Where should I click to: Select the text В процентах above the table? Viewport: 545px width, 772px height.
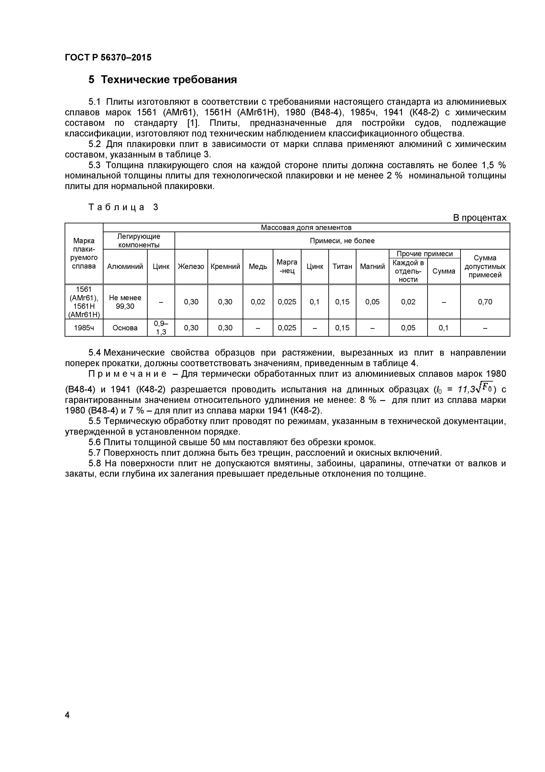479,218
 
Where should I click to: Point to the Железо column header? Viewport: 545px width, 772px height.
191,267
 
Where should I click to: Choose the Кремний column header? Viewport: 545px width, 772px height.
225,267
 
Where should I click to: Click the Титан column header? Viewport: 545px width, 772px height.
342,267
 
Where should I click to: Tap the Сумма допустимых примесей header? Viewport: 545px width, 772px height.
485,267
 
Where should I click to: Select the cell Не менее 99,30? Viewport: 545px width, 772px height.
125,302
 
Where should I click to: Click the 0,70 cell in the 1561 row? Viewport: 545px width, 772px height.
485,302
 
